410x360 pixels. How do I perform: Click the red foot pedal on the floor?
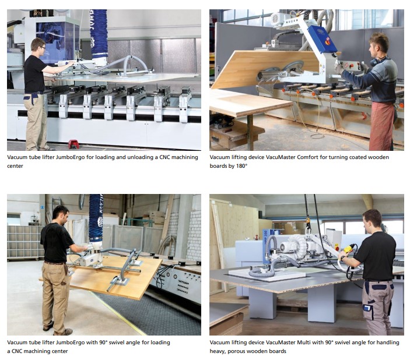73,144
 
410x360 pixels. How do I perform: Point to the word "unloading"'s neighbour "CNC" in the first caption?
164,157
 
